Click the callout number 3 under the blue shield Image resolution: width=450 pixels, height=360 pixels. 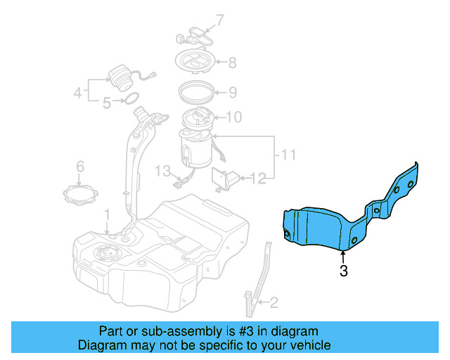coord(344,271)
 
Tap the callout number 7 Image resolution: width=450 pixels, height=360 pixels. coord(219,20)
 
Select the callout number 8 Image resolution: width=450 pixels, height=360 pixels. coord(232,63)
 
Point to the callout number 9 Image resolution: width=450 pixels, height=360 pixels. coord(233,92)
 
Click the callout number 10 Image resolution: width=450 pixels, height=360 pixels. coord(234,117)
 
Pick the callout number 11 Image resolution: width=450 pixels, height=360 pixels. coord(288,155)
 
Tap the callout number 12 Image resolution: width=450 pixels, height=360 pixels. coord(258,179)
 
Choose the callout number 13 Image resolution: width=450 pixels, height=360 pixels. coord(162,171)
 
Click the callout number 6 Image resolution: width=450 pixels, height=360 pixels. coord(80,167)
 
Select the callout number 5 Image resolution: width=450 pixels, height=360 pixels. coord(107,103)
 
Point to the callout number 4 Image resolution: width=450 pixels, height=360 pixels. coord(78,93)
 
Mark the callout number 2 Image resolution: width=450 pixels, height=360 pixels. coord(274,302)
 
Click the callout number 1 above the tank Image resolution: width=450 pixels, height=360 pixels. coord(107,215)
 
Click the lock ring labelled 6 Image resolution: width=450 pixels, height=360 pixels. coord(81,195)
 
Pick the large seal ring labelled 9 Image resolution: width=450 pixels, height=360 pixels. coord(196,92)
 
